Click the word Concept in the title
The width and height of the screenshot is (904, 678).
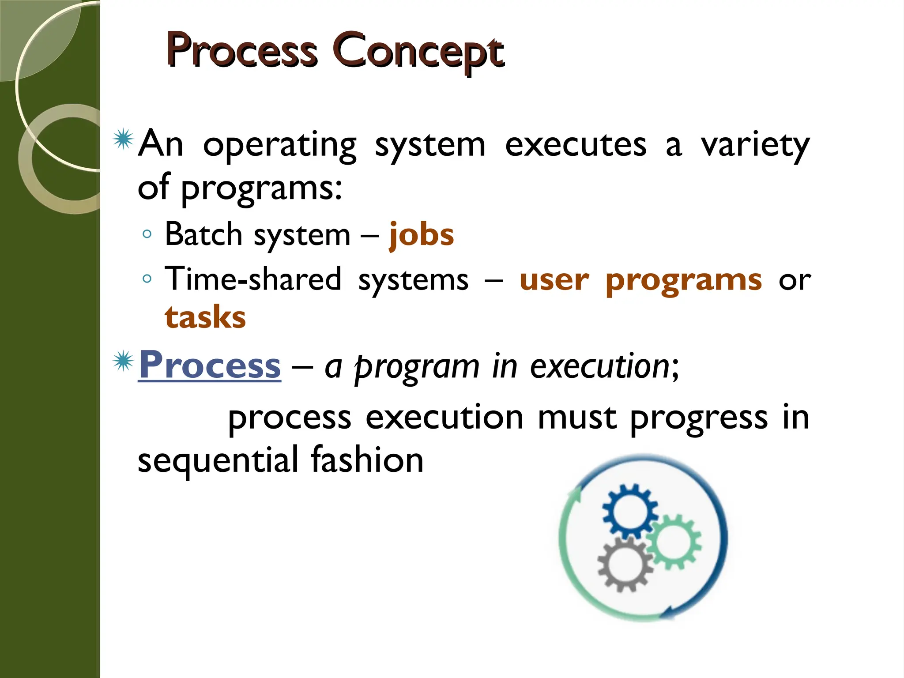418,52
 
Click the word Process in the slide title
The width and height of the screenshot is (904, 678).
242,52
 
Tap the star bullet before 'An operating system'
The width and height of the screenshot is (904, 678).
123,139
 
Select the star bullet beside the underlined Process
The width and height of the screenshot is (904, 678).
123,362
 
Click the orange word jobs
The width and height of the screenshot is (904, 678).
421,235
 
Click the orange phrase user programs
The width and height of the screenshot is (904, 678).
640,280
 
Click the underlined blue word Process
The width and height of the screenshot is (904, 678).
210,365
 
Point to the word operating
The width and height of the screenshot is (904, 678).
279,146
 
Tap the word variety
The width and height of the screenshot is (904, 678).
755,146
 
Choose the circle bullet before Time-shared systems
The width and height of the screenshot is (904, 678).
147,279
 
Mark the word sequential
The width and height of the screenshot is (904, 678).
218,460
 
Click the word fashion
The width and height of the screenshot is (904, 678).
367,460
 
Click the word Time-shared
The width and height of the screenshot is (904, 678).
253,280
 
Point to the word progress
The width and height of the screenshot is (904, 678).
699,418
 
